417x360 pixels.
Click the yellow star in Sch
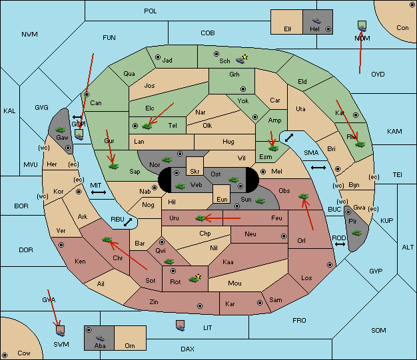click(x=245, y=57)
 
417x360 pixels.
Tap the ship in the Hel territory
click(x=316, y=21)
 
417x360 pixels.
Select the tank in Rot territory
click(x=194, y=279)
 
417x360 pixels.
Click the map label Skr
click(x=195, y=172)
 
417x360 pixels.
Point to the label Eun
click(x=222, y=199)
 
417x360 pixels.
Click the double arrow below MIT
click(x=99, y=192)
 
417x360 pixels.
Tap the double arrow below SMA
click(x=318, y=168)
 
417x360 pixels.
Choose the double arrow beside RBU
click(x=128, y=222)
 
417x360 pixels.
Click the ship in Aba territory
click(x=101, y=338)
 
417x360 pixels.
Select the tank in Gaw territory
click(x=61, y=130)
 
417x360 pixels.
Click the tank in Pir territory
click(x=356, y=233)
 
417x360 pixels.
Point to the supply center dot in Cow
click(x=5, y=355)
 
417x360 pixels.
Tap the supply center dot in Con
click(x=412, y=5)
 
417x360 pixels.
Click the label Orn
click(x=130, y=345)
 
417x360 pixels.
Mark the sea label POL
click(x=151, y=11)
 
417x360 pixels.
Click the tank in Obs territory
click(x=304, y=196)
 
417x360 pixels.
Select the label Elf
click(x=288, y=29)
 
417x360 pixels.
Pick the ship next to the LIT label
click(x=181, y=325)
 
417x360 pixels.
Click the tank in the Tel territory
click(x=147, y=126)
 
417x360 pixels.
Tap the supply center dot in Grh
click(x=243, y=89)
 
